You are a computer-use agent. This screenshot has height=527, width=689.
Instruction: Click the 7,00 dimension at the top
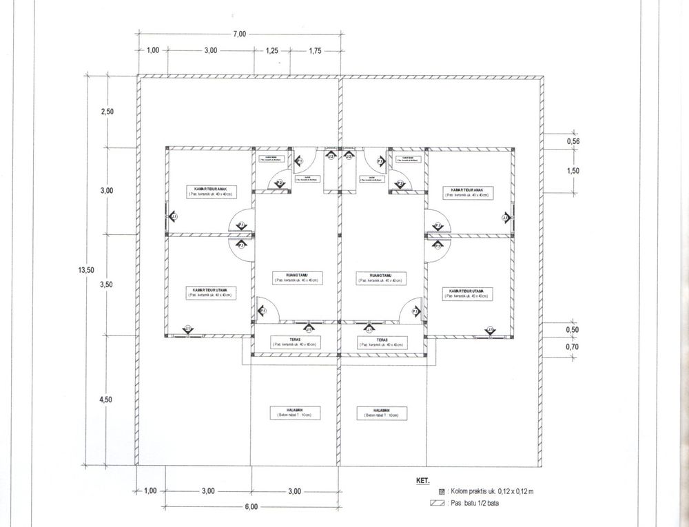click(x=239, y=34)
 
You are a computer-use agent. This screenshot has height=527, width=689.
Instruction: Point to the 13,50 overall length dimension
click(x=86, y=270)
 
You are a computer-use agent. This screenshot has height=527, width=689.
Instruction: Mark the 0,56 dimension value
click(x=573, y=141)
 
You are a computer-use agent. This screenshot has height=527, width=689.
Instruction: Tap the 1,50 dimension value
click(x=573, y=171)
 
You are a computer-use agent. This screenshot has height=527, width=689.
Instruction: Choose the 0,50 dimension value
click(x=573, y=330)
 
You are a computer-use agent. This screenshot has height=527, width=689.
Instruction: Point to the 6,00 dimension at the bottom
click(x=250, y=507)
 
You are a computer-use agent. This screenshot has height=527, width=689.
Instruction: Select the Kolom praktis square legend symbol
click(x=442, y=492)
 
